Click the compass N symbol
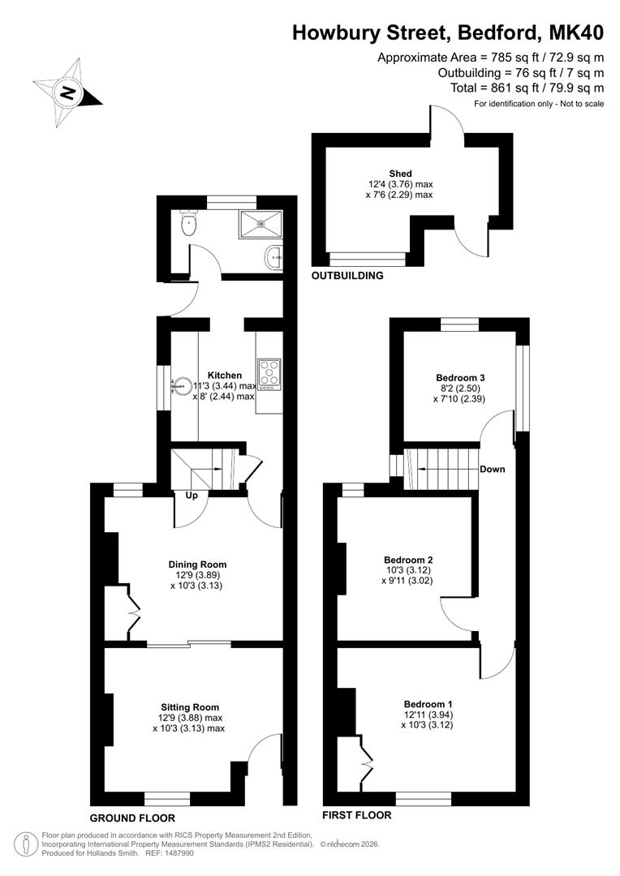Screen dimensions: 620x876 coord(67,93)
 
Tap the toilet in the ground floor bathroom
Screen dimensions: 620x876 coord(190,223)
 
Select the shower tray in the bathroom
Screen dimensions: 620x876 coord(261,224)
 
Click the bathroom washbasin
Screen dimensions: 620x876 coord(273,257)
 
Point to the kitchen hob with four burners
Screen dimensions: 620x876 coord(269,374)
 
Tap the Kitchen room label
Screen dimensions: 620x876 coord(225,376)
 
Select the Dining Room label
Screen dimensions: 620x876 coord(197,565)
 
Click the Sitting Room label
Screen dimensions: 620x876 coord(190,707)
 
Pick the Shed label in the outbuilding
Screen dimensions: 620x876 coord(401,174)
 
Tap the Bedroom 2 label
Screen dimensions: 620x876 coord(408,560)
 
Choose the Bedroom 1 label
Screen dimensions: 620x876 coord(428,704)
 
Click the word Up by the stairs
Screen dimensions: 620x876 coord(192,496)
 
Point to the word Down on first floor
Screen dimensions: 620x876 coord(493,470)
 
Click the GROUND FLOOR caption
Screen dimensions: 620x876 coord(132,818)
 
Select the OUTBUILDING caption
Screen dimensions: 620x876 coord(347,276)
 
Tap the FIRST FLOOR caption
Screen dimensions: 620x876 coord(357,815)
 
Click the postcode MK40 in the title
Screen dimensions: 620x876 coord(576,33)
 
